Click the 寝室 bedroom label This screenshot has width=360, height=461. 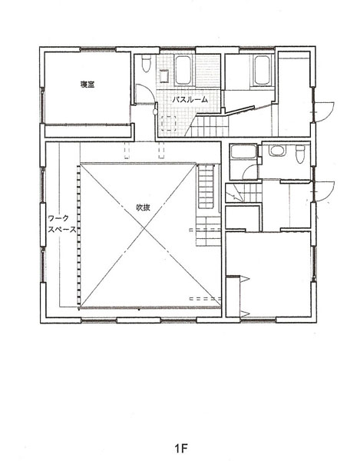[x=88, y=85]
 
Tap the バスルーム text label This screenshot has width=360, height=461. [x=190, y=99]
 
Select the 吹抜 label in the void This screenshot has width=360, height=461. [x=143, y=207]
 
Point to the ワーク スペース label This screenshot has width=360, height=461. [x=62, y=224]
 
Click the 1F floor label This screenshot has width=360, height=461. [x=181, y=449]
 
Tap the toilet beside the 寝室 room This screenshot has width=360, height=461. [x=147, y=64]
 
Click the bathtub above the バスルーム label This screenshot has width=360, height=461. [x=183, y=70]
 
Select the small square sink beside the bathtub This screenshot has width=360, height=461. [x=163, y=76]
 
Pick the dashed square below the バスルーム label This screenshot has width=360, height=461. [x=169, y=123]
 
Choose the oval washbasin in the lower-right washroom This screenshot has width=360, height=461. [x=276, y=151]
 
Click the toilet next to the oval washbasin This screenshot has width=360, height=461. [x=300, y=154]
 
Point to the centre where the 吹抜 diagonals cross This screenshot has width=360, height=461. [x=144, y=228]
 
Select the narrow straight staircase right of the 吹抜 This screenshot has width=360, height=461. [x=206, y=187]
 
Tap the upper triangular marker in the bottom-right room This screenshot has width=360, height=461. [x=244, y=279]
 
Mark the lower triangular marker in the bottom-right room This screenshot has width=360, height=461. [x=245, y=313]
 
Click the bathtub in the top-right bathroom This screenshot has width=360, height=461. [x=262, y=70]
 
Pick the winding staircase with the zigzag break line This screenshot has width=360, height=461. [x=244, y=193]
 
